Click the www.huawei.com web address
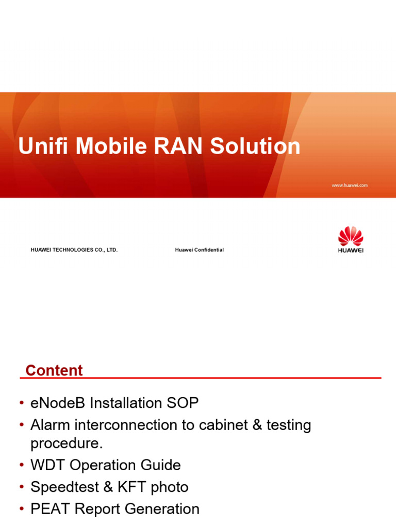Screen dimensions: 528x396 tap(350, 185)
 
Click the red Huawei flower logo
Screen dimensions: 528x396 tap(351, 237)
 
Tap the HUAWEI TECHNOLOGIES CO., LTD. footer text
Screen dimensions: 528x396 tap(74, 250)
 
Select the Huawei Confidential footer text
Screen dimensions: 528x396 tap(200, 250)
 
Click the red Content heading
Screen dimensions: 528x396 tap(54, 371)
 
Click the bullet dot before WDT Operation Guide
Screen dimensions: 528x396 tap(22, 466)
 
